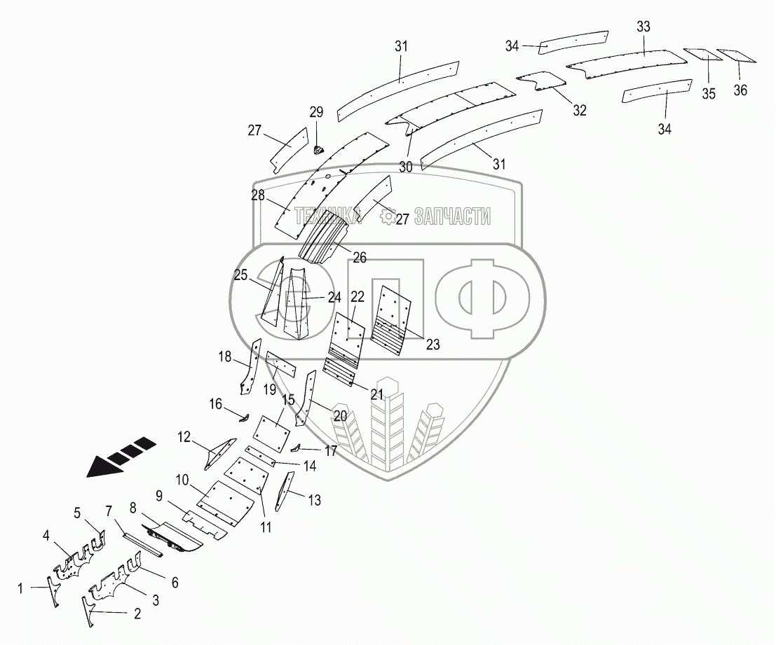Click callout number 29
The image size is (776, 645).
coord(316,112)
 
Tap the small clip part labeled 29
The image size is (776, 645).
coord(317,147)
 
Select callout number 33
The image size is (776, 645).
coord(644,27)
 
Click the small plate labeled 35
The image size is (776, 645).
coord(698,54)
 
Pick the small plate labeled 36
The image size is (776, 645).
coord(735,55)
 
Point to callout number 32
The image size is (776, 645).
coord(579,110)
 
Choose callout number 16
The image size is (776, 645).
coord(215,404)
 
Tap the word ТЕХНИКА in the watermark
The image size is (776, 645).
coord(327,217)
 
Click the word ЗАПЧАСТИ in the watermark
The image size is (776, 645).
coord(452,217)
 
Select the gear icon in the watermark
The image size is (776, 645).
coord(387,218)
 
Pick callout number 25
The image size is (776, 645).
coord(241,276)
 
